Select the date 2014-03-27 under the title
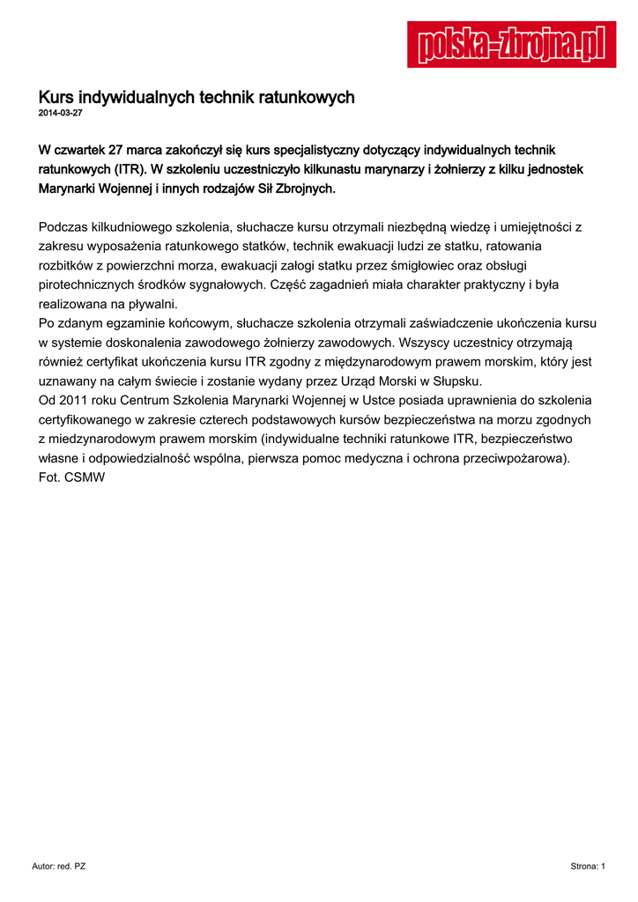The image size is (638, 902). click(x=60, y=114)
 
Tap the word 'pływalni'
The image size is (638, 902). click(x=155, y=304)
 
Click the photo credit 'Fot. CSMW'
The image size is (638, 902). click(x=72, y=477)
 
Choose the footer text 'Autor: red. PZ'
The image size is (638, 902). click(x=58, y=867)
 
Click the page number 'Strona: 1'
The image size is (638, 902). click(x=588, y=867)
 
